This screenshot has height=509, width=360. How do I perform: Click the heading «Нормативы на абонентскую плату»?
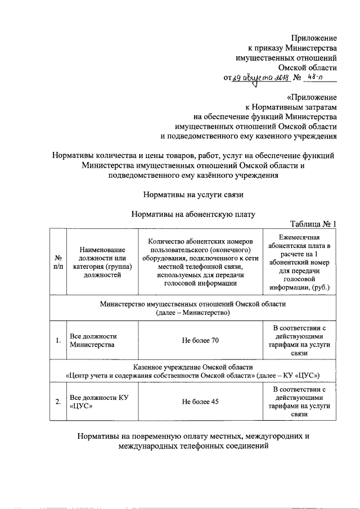point(193,214)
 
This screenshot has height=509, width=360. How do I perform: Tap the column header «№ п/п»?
point(57,262)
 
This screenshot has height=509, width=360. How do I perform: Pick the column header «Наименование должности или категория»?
point(101,262)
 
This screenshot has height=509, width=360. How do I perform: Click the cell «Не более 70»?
point(200,340)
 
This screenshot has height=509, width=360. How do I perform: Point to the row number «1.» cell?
point(57,340)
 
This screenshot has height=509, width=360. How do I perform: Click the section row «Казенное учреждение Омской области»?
point(193,371)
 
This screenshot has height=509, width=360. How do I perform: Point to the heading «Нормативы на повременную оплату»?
point(193,441)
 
